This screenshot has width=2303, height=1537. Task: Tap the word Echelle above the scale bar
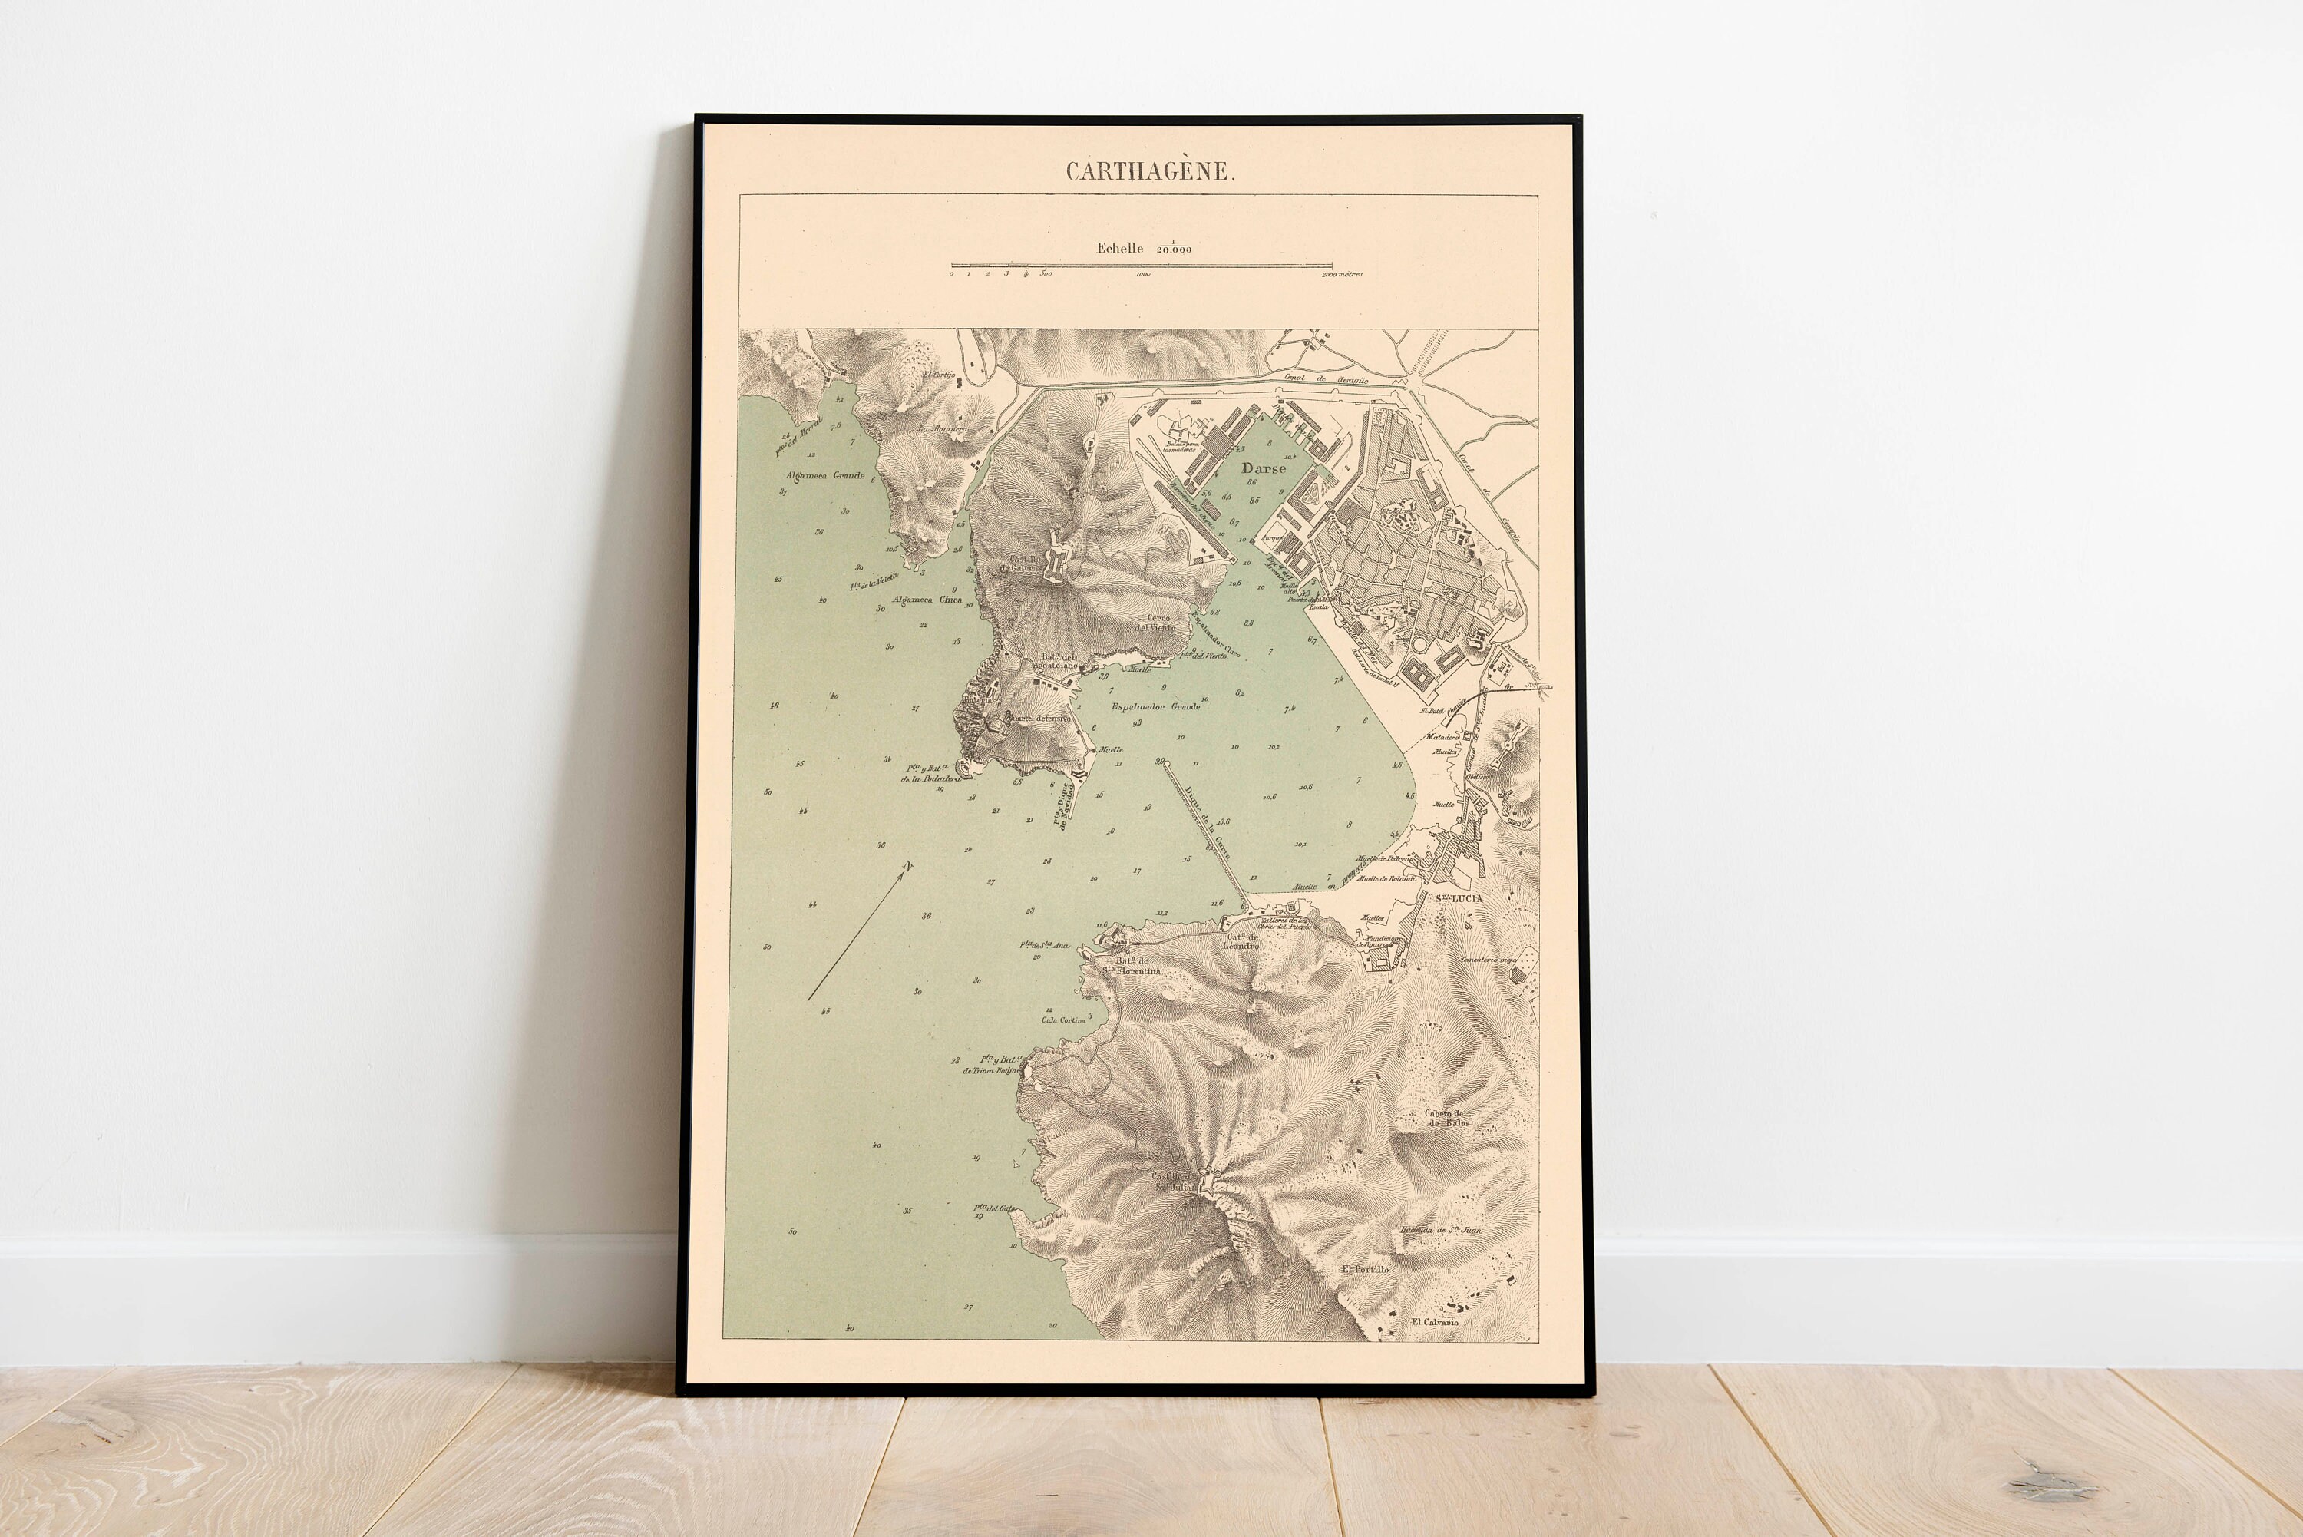[1119, 248]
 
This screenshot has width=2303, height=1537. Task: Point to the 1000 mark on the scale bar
[1143, 276]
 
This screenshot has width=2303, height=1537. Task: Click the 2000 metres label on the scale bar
[1342, 276]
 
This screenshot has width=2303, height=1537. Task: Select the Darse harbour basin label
[1264, 468]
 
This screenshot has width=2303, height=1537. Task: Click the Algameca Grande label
[824, 475]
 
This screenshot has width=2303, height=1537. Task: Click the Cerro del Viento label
[1160, 623]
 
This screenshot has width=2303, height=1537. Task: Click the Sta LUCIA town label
[1459, 898]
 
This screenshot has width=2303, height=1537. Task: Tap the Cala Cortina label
[1062, 1020]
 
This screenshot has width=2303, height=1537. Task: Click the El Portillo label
[1365, 1269]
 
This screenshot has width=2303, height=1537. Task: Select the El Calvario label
[1435, 1322]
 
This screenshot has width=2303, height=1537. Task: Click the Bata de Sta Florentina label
[1127, 966]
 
